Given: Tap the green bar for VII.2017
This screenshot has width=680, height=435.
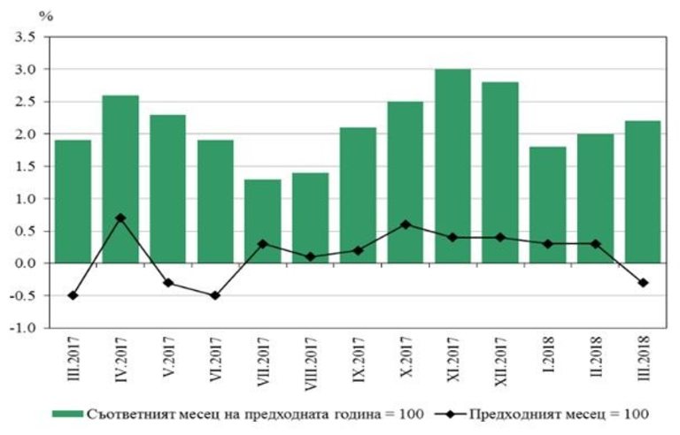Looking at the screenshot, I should (263, 221).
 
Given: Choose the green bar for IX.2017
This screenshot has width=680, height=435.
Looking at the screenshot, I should (358, 195).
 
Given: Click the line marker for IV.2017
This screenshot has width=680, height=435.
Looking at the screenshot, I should (120, 217).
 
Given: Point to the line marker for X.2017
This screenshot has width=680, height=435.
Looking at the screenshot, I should (405, 225).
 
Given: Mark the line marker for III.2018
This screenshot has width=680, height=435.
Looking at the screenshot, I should (643, 283).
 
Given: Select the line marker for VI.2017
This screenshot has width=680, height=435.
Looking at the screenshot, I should (215, 295).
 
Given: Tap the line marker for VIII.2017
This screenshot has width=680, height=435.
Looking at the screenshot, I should (310, 256).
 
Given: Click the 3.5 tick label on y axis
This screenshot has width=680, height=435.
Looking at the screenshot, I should (23, 37).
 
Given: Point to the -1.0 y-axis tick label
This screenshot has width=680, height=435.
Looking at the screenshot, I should (21, 328).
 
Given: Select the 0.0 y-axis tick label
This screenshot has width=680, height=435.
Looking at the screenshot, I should (23, 263).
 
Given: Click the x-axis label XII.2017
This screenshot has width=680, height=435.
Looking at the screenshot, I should (501, 362).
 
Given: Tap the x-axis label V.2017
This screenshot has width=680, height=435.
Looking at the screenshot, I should (169, 359).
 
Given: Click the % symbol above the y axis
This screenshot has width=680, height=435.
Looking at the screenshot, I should (47, 15).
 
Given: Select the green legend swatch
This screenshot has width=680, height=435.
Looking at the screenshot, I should (66, 413).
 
